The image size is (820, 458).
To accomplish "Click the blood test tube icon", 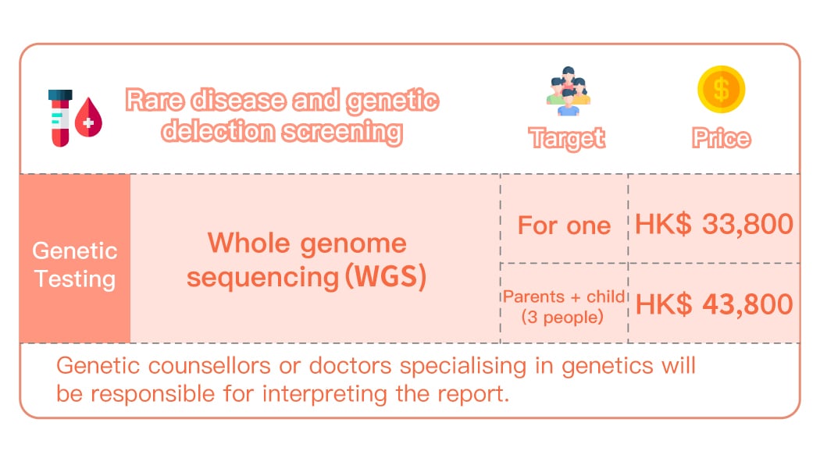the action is pyautogui.click(x=59, y=118).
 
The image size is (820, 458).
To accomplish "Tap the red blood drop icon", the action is pyautogui.click(x=88, y=118).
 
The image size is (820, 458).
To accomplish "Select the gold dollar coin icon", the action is pyautogui.click(x=721, y=89).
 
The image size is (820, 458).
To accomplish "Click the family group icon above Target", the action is pyautogui.click(x=568, y=91).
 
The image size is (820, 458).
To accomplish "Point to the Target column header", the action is pyautogui.click(x=567, y=139).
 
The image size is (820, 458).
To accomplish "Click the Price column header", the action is pyautogui.click(x=721, y=138).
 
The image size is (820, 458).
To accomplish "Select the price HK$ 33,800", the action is pyautogui.click(x=714, y=225).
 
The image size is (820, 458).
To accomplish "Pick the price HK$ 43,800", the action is pyautogui.click(x=714, y=304).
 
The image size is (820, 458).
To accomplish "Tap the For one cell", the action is pyautogui.click(x=564, y=226).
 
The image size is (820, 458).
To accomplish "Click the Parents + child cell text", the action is pyautogui.click(x=564, y=296).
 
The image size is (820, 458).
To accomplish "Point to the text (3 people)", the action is pyautogui.click(x=562, y=317).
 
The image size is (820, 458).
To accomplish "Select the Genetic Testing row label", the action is pyautogui.click(x=75, y=265).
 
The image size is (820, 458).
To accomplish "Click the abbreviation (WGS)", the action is pyautogui.click(x=386, y=276).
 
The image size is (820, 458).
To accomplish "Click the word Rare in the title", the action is pyautogui.click(x=155, y=101).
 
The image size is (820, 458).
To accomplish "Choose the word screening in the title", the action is pyautogui.click(x=343, y=132).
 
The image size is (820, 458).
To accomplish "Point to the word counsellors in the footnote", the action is pyautogui.click(x=209, y=366).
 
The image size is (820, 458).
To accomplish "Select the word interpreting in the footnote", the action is pyautogui.click(x=325, y=394).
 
